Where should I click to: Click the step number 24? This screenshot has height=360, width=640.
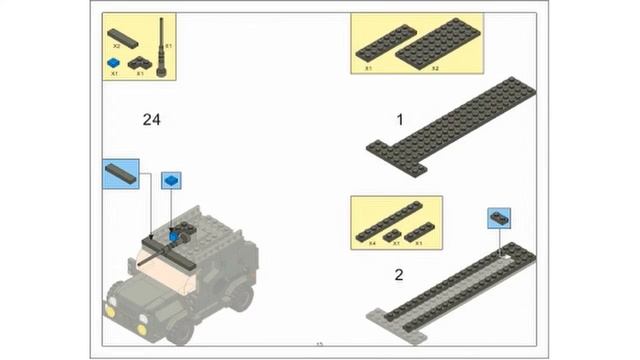pos(152,120)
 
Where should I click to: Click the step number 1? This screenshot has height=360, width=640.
pos(400,120)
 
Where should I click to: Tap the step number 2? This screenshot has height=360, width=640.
pos(399,275)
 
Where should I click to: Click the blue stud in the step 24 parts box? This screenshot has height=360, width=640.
pos(114,62)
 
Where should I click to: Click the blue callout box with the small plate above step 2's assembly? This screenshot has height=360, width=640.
pos(499,218)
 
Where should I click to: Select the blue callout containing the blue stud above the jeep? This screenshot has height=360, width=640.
pos(172,181)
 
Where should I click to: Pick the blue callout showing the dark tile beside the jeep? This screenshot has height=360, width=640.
pos(121,172)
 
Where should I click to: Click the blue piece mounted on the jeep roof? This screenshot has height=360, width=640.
pos(175,236)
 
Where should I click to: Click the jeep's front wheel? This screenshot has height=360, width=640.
pos(181,329)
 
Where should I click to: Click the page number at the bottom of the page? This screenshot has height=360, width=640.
pos(320,345)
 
